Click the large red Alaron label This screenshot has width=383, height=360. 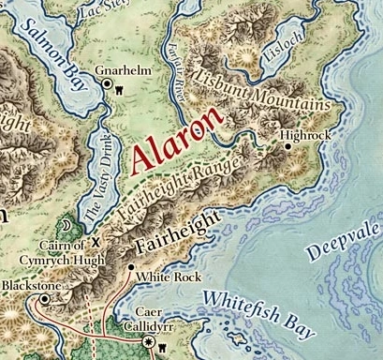pyautogui.click(x=178, y=141)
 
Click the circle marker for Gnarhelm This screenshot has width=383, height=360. pyautogui.click(x=107, y=85)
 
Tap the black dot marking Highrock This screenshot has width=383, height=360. pyautogui.click(x=287, y=146)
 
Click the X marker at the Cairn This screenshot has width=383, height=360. pyautogui.click(x=93, y=240)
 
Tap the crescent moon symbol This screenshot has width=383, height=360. pyautogui.click(x=66, y=228)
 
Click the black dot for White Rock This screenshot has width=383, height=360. pyautogui.click(x=130, y=267)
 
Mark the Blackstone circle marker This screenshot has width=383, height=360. pyautogui.click(x=44, y=299)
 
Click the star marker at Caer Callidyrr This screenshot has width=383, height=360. pyautogui.click(x=149, y=344)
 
